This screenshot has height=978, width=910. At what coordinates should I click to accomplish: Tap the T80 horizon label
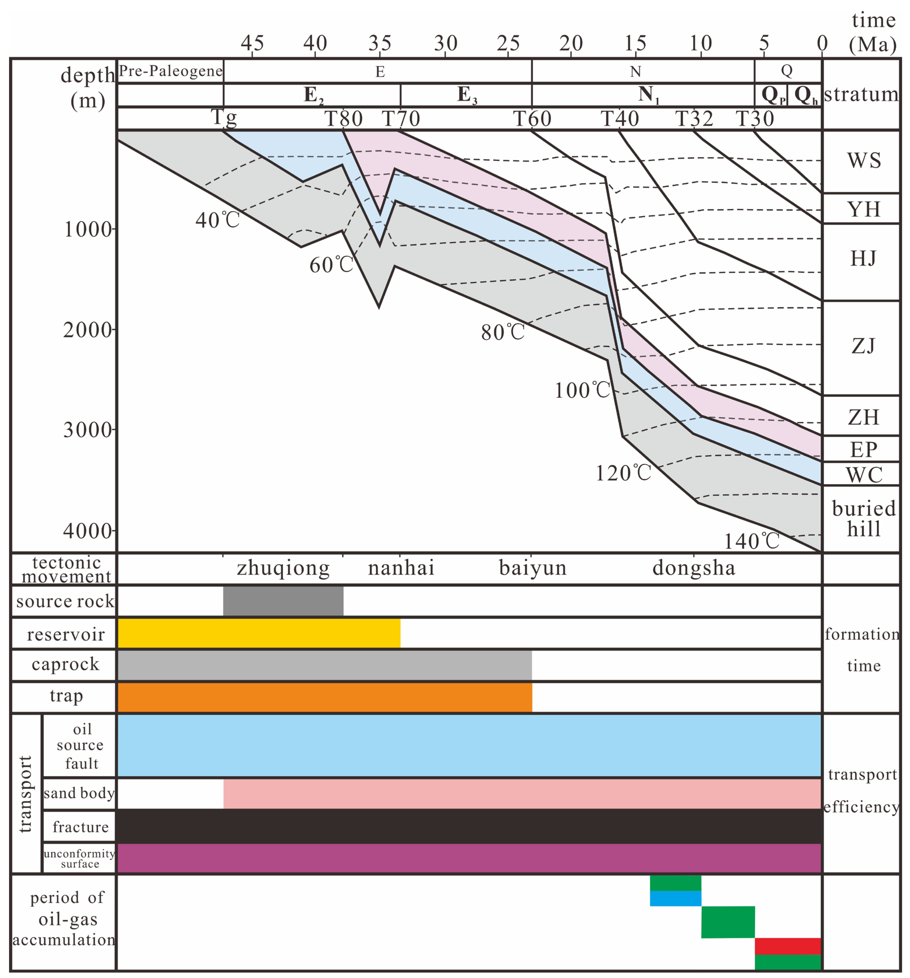click(x=344, y=119)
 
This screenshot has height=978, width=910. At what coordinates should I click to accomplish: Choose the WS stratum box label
click(x=863, y=160)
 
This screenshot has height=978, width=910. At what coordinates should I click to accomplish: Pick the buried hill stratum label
click(x=863, y=518)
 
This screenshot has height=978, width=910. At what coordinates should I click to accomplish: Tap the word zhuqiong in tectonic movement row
click(x=283, y=568)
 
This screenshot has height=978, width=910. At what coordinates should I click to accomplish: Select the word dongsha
click(x=694, y=568)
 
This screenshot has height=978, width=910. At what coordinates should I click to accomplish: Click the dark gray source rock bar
click(x=283, y=601)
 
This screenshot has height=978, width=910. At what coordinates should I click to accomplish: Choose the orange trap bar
click(x=324, y=697)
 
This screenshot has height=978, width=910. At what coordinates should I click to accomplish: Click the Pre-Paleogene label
click(x=171, y=71)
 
